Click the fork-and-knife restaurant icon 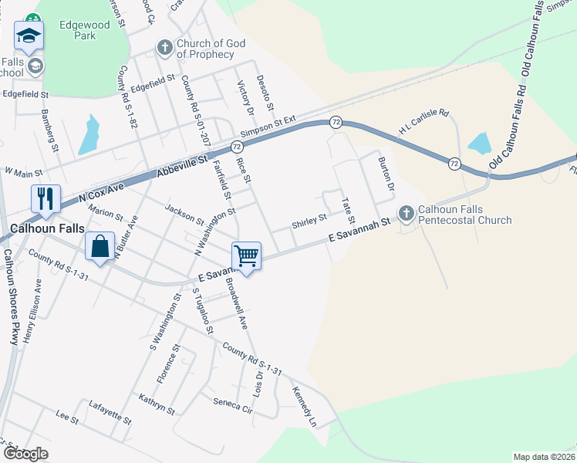46,199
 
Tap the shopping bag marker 100,247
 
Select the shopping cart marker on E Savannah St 246,255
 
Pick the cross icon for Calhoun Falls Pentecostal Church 406,213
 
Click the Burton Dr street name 386,175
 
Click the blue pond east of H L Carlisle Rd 480,143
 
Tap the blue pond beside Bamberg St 89,136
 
